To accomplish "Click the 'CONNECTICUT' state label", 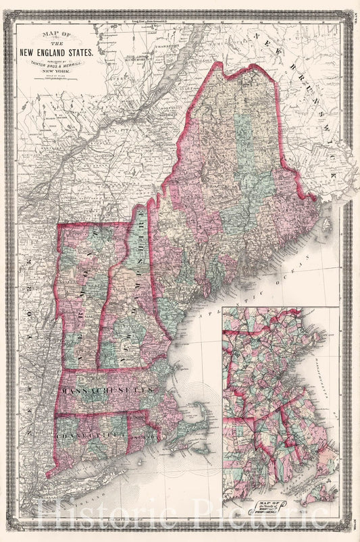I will point(91,423).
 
